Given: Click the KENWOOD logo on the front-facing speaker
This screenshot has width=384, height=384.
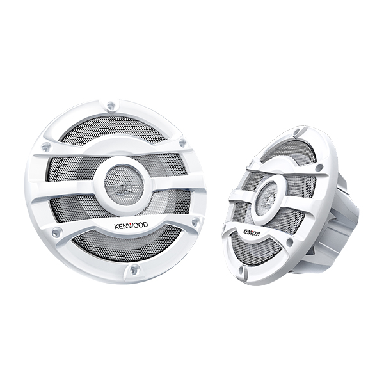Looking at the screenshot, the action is pyautogui.click(x=131, y=225).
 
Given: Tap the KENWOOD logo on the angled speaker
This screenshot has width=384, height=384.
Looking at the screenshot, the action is pyautogui.click(x=251, y=233).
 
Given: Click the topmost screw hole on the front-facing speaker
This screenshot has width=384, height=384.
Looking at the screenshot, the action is pyautogui.click(x=111, y=106).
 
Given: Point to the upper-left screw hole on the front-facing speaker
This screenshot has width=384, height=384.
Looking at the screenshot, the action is pyautogui.click(x=46, y=147).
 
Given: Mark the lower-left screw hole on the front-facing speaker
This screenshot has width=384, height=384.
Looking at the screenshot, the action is pyautogui.click(x=56, y=231).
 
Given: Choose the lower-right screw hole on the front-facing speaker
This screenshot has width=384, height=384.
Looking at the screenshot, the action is pyautogui.click(x=195, y=221).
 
